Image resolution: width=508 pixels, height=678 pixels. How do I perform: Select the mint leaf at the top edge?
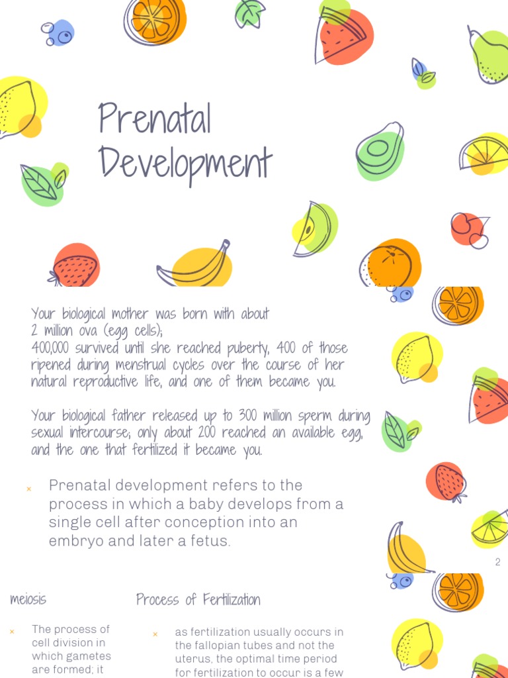point(249,13)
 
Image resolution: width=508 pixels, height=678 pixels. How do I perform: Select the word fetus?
point(207,540)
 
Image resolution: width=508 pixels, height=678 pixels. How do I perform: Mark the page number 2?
point(497,562)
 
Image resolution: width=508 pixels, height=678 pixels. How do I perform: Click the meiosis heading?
point(28,600)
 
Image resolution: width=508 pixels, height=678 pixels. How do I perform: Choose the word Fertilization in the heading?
point(222,600)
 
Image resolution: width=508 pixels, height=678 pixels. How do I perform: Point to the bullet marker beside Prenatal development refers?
point(28,489)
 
